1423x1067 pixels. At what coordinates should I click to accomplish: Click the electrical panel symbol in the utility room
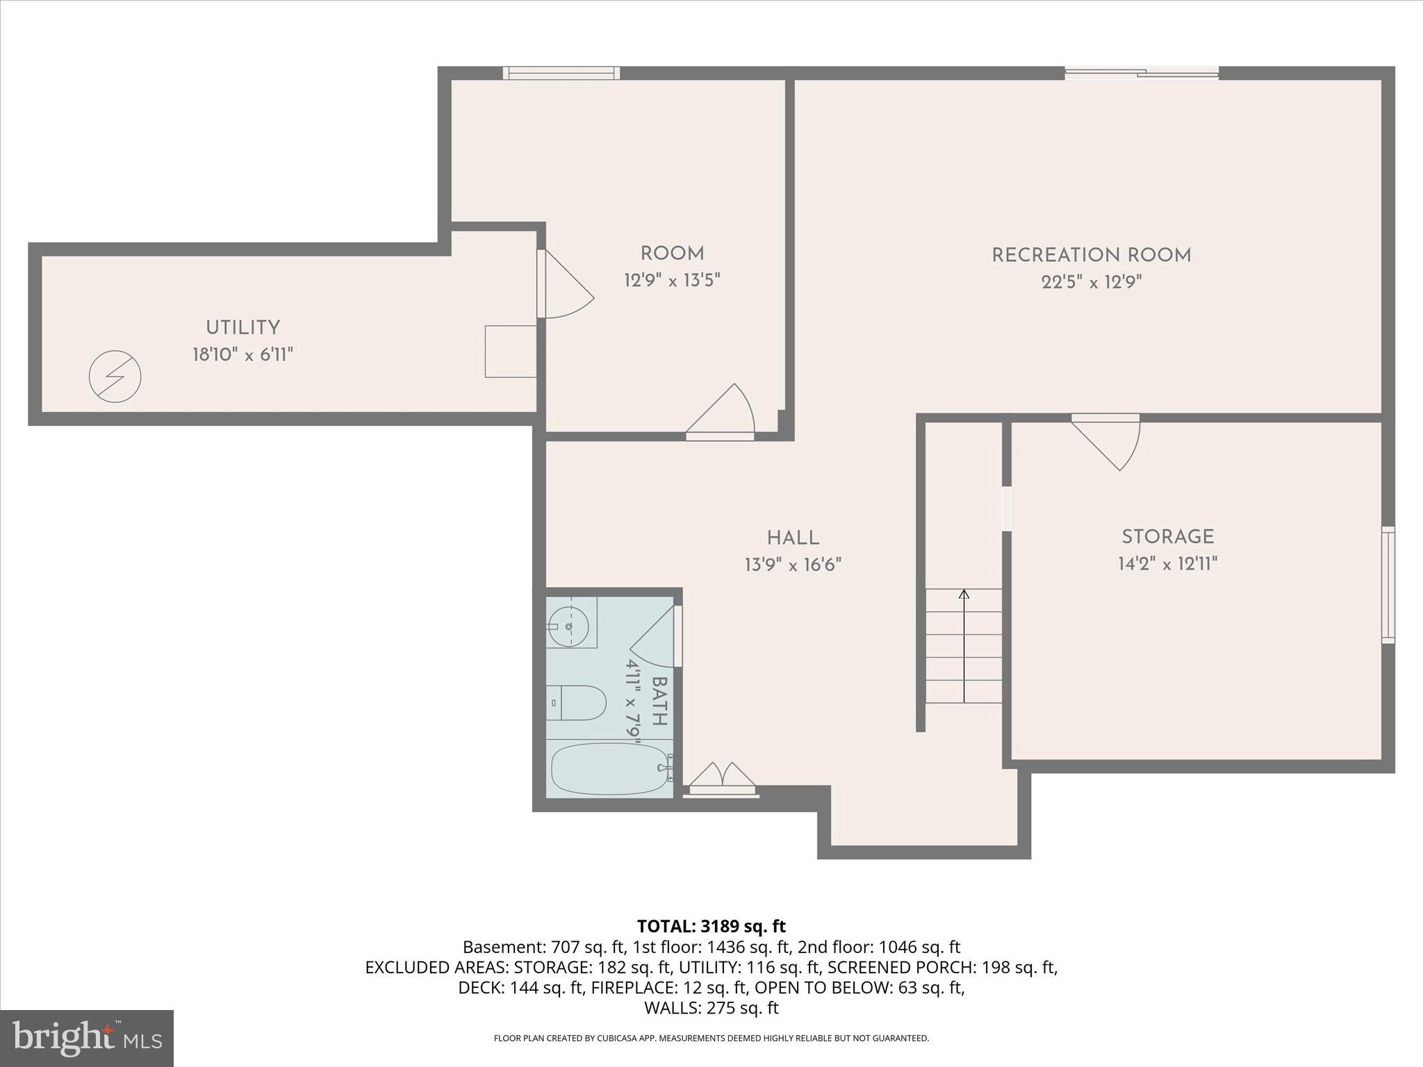(x=115, y=377)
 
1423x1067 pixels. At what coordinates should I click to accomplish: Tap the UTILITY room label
(x=242, y=328)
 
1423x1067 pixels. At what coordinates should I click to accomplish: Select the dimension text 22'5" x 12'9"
(x=1092, y=283)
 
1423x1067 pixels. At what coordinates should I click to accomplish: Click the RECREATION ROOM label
(x=1091, y=256)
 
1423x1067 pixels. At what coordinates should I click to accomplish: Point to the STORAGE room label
(x=1167, y=537)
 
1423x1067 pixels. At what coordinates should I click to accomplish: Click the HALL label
(x=793, y=538)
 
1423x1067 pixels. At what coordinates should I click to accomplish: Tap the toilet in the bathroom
(x=576, y=703)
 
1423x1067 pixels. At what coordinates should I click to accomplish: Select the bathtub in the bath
(x=609, y=768)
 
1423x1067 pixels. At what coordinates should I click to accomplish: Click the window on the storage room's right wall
(x=1388, y=584)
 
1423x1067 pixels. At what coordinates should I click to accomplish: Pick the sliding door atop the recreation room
(x=1142, y=72)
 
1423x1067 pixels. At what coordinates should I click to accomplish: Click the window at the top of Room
(x=561, y=73)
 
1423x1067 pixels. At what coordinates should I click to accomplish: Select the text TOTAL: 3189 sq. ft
(x=711, y=926)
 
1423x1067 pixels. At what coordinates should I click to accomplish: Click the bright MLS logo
(x=86, y=1039)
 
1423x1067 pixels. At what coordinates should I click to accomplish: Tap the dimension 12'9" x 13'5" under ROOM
(x=672, y=281)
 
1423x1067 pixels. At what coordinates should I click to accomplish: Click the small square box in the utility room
(x=510, y=351)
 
